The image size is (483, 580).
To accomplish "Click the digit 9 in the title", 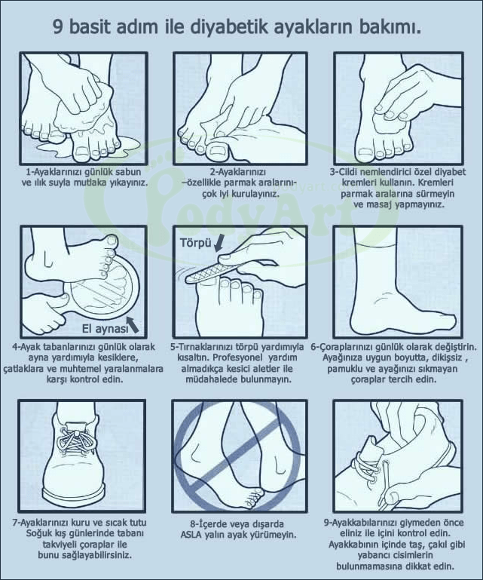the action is (x=58, y=27).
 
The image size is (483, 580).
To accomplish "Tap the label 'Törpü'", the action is (x=195, y=243).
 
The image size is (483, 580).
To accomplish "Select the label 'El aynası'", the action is (x=105, y=329).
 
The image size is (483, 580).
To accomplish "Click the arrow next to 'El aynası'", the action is (x=133, y=324).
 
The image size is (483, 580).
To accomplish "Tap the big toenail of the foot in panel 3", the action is (x=365, y=152).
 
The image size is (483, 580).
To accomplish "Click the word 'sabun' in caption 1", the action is (x=128, y=172).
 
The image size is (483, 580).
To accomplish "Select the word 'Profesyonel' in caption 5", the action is (x=239, y=358).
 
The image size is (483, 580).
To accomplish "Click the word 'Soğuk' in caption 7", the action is (x=38, y=533).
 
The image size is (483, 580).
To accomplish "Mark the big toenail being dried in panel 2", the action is (x=217, y=149).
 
